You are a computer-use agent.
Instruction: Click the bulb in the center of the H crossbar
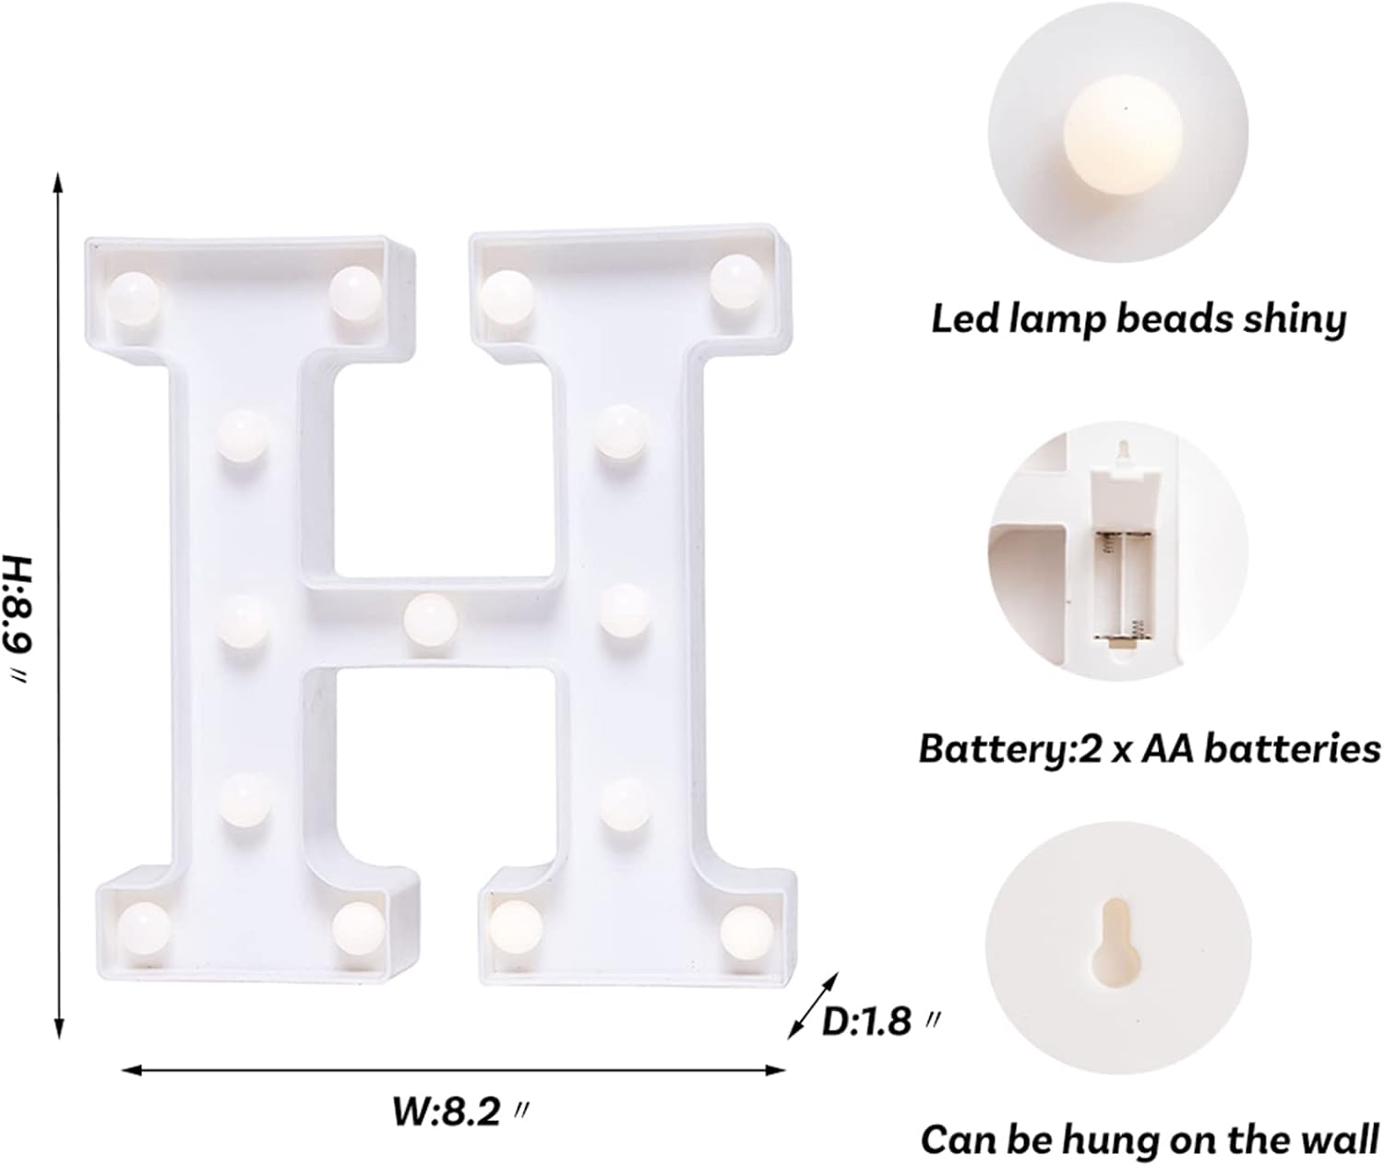430,618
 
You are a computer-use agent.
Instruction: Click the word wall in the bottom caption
1340,1139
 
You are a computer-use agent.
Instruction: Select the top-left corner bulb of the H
134,298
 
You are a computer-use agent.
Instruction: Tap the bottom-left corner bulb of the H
144,927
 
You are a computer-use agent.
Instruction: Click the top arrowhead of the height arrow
59,181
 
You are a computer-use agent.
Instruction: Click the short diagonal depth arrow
813,1005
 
